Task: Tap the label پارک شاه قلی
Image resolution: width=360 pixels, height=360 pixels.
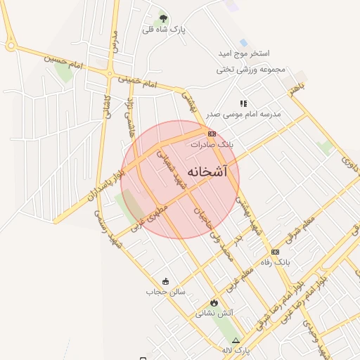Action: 163,30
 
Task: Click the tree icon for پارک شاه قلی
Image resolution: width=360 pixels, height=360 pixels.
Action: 163,18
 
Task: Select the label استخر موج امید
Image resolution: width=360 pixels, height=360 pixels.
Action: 244,53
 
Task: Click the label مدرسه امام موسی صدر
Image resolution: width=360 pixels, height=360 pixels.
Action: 243,114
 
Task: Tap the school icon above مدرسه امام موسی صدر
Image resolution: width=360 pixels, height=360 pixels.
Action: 244,103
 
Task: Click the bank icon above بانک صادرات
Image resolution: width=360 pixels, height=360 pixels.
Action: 212,133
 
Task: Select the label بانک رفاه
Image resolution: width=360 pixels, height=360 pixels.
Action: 275,262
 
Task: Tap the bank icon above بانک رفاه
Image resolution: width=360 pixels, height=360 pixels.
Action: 275,252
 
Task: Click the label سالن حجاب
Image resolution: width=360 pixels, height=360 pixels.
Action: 165,291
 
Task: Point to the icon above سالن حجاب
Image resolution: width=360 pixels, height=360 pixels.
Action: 165,281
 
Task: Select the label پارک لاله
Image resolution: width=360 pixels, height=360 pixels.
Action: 236,349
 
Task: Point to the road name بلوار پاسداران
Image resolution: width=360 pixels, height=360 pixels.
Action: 106,186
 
